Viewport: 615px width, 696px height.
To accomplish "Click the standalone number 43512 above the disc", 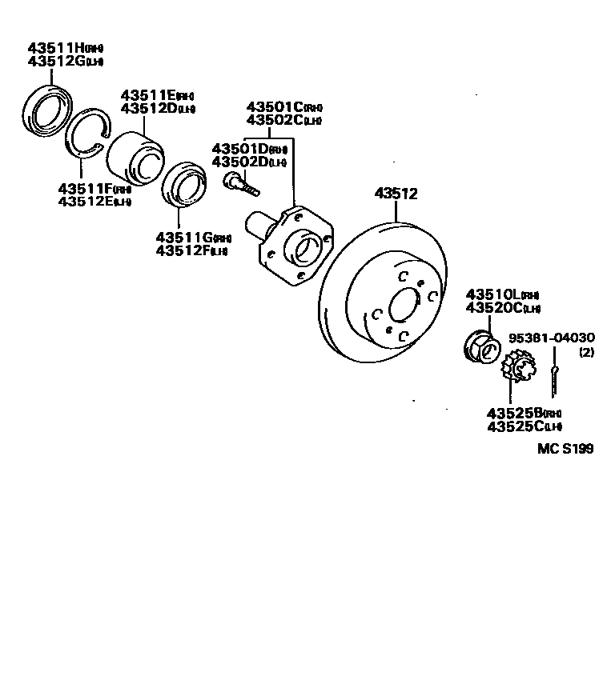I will point(396,194).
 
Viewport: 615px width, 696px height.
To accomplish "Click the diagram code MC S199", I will point(565,449).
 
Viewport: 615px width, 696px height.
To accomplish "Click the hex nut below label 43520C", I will point(482,346).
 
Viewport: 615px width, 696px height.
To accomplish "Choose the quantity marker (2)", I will point(586,352).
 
